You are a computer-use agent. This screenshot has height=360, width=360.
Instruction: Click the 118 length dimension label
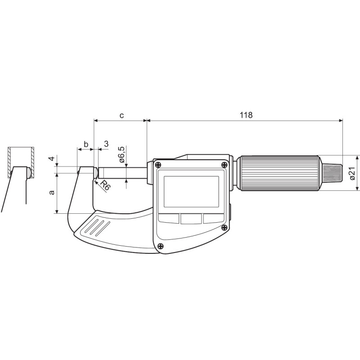coord(246,115)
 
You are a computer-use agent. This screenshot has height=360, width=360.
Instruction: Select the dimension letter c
coord(121,115)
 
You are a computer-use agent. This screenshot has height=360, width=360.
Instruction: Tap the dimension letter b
coord(86,144)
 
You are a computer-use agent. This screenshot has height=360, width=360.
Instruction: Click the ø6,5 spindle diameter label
coord(122,154)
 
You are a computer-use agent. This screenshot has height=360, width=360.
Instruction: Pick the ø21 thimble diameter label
coord(352,173)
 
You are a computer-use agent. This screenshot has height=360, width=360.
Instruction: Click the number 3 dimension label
coord(106,144)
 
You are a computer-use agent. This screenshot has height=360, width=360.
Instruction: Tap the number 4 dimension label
coord(52,158)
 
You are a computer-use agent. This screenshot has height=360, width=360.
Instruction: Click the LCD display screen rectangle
coord(192,192)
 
